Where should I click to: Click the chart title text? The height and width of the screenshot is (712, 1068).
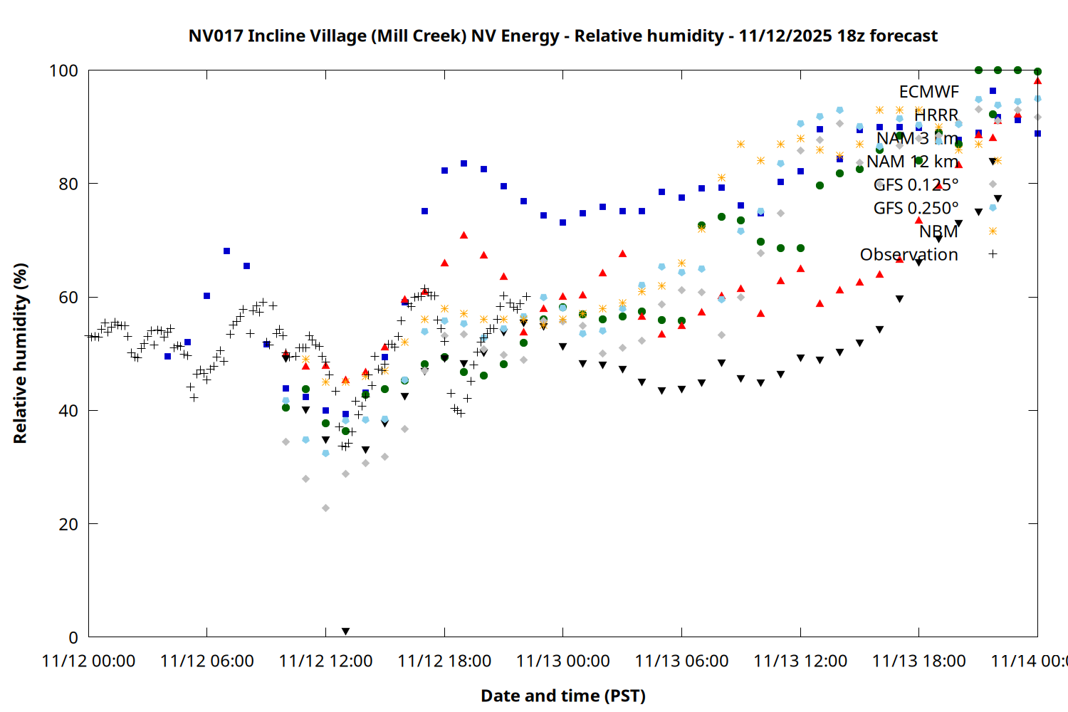(x=562, y=36)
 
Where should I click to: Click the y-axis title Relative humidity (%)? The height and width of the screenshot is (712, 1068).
(x=20, y=353)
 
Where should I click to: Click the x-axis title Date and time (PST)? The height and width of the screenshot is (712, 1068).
(x=562, y=696)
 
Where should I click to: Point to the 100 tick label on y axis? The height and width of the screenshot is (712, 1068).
(x=63, y=70)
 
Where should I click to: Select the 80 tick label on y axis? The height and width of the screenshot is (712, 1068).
(x=68, y=184)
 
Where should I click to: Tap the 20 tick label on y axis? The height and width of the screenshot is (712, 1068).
(x=68, y=524)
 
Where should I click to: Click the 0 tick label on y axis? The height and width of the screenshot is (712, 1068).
(x=73, y=637)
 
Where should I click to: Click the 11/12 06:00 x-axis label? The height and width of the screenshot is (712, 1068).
(x=206, y=661)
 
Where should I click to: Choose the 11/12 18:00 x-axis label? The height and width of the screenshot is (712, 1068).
(x=444, y=661)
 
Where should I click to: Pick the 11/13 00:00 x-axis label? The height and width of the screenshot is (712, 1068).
(x=562, y=661)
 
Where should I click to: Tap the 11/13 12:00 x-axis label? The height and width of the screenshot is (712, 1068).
(x=800, y=661)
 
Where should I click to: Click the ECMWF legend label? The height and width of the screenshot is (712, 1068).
(x=928, y=92)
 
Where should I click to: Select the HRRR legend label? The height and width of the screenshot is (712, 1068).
(x=936, y=115)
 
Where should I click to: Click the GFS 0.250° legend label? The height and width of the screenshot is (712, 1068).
(x=916, y=208)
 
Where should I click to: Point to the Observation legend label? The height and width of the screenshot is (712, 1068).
(x=909, y=254)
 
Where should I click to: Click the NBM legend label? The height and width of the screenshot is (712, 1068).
(x=938, y=231)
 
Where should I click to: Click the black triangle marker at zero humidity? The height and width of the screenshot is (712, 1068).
(x=345, y=632)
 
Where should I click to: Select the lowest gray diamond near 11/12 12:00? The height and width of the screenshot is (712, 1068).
(x=325, y=508)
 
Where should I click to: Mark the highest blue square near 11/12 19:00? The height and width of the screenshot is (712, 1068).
(x=464, y=163)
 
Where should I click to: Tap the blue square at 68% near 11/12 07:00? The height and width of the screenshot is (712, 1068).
(x=226, y=251)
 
